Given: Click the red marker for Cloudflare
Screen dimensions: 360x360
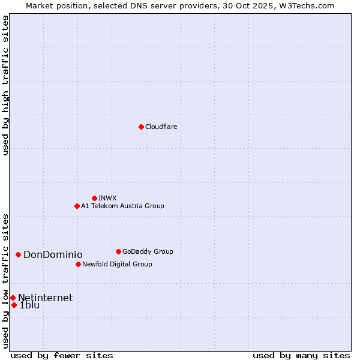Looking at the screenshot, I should pyautogui.click(x=141, y=127).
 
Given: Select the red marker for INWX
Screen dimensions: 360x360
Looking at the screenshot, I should pyautogui.click(x=94, y=198).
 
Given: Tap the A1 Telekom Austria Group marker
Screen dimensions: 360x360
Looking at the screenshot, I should pyautogui.click(x=77, y=206).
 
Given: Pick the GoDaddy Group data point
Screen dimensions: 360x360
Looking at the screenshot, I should pyautogui.click(x=118, y=251).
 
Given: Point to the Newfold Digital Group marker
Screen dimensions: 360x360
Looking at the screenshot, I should pyautogui.click(x=78, y=264).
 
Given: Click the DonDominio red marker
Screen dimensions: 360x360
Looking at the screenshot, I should pyautogui.click(x=18, y=254).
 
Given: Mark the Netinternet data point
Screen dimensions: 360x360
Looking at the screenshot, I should pyautogui.click(x=13, y=298).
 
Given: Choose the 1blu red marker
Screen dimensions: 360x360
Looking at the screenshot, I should pyautogui.click(x=14, y=305).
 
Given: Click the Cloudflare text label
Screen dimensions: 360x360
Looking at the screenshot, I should pyautogui.click(x=161, y=127).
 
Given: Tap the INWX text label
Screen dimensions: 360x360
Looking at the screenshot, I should pyautogui.click(x=107, y=198).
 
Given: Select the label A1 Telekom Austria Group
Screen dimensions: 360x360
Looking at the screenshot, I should pyautogui.click(x=122, y=206).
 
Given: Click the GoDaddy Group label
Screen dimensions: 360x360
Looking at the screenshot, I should pyautogui.click(x=148, y=251).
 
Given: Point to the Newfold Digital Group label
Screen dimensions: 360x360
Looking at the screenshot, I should pyautogui.click(x=117, y=264).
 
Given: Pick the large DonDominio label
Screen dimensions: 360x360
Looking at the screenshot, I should pyautogui.click(x=53, y=254).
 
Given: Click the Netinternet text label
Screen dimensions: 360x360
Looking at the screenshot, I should pyautogui.click(x=45, y=298).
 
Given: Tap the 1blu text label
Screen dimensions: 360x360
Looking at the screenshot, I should pyautogui.click(x=29, y=305).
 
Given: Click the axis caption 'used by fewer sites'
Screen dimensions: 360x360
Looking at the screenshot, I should pyautogui.click(x=62, y=355).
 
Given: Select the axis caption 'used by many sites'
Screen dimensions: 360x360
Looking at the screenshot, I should pyautogui.click(x=301, y=355).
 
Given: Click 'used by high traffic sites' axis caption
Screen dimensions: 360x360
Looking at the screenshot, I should pyautogui.click(x=6, y=85).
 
